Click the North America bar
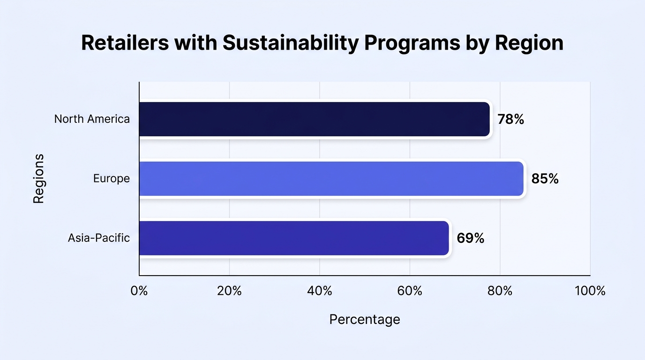coord(315,119)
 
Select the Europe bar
coord(331,179)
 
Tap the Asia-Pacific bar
coord(294,238)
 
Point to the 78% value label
coord(511,119)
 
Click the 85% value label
coord(545,179)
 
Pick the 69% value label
coord(471,238)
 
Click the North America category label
coord(92,119)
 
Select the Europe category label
coord(112,179)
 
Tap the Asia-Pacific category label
coord(99,238)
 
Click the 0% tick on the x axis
coord(139,291)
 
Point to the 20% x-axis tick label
coord(229,291)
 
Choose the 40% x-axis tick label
coord(320,291)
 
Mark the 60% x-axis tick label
coord(410,291)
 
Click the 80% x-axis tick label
coord(500,291)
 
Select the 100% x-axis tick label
coord(590,291)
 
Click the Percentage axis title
coord(365,320)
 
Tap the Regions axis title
coord(38,179)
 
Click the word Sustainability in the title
coord(291,43)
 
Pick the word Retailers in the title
coord(125,43)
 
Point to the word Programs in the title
coord(412,44)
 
